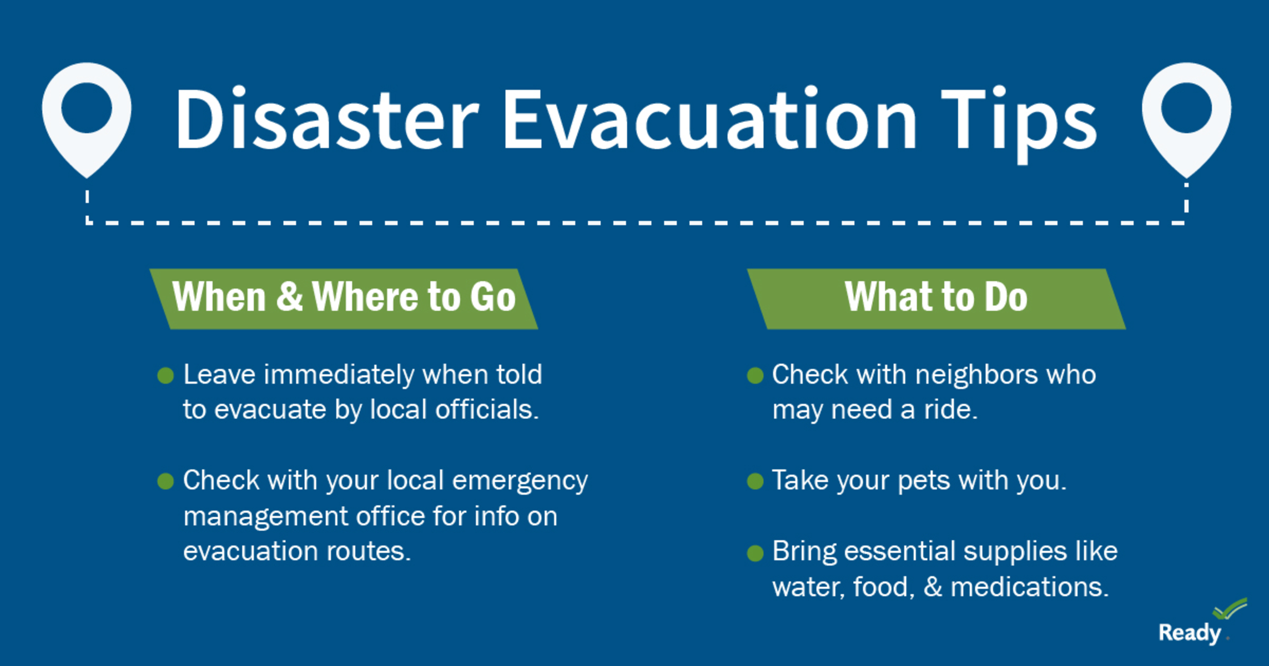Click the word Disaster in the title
tap(327, 119)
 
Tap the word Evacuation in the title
tap(710, 119)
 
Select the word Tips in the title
tap(1019, 124)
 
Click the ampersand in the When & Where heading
tap(289, 296)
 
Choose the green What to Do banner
tap(936, 299)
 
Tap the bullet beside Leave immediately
tap(165, 376)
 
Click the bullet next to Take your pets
tap(755, 481)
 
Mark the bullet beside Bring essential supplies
tap(755, 553)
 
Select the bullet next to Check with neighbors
tap(755, 376)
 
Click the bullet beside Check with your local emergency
tap(165, 481)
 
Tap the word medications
tap(1030, 587)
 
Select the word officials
tap(487, 410)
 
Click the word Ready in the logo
tap(1190, 633)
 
